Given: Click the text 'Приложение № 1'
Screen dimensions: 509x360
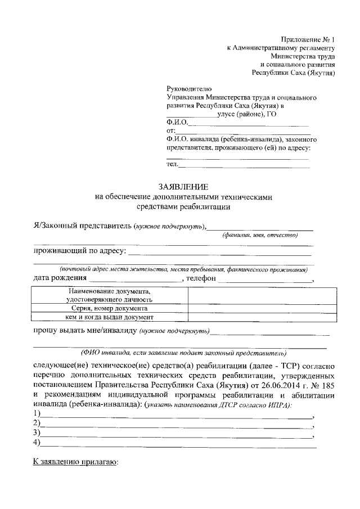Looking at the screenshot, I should pyautogui.click(x=308, y=39).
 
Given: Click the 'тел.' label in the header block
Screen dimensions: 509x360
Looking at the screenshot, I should pyautogui.click(x=173, y=164).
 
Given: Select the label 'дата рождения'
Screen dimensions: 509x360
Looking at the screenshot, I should pyautogui.click(x=60, y=277).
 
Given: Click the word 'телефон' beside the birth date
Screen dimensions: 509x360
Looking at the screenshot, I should pyautogui.click(x=201, y=277).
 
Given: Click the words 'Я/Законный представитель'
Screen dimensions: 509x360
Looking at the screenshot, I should pyautogui.click(x=82, y=226).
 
